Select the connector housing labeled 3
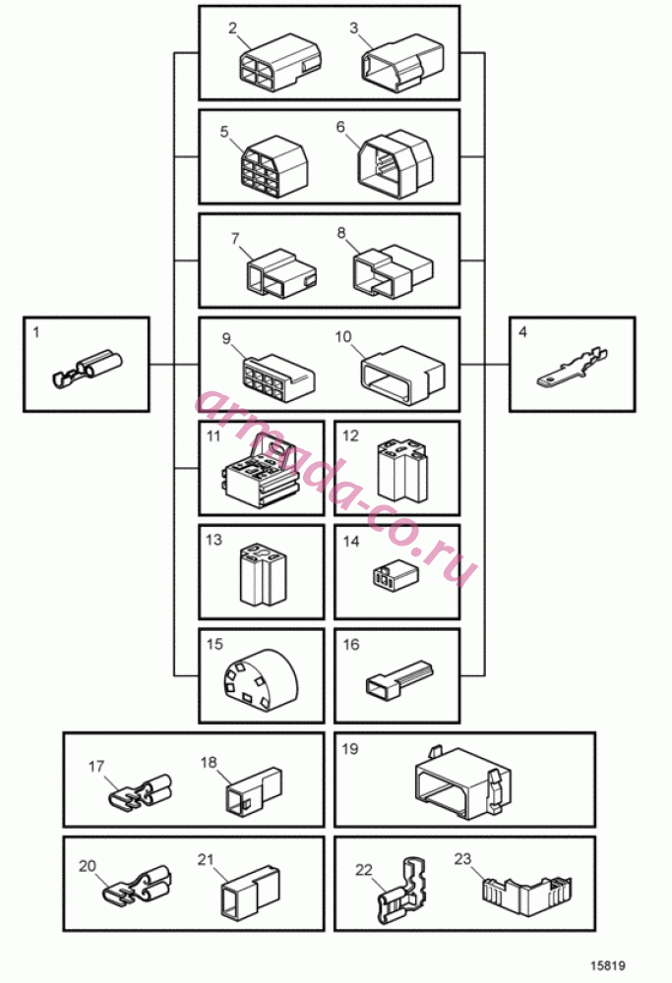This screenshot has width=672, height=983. [401, 65]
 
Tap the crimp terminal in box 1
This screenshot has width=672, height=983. [88, 370]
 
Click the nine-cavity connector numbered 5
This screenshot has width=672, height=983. [275, 167]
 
